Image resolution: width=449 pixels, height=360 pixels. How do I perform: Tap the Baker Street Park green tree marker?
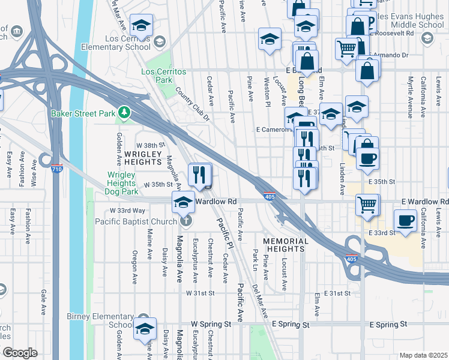tap(124, 112)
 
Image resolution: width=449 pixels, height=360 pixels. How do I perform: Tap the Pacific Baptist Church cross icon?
tap(185, 221)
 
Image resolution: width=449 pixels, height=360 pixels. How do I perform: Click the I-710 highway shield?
tap(56, 169)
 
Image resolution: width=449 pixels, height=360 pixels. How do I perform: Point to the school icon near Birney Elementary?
tap(144, 328)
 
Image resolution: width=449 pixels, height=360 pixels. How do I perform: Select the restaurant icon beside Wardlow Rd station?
tap(199, 175)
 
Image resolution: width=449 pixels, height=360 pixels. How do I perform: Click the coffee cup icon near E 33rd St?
tap(405, 220)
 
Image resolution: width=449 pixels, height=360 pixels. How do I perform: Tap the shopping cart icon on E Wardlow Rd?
tap(367, 205)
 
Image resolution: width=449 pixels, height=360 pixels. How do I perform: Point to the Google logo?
tap(20, 353)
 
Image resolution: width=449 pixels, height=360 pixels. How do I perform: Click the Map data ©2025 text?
tap(423, 355)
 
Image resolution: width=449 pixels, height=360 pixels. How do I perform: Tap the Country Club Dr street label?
tap(192, 104)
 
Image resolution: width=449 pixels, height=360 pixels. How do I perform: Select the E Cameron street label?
tap(273, 129)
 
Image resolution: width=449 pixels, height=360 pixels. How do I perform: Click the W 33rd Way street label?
tap(127, 211)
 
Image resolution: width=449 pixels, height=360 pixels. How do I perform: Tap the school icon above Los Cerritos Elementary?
tap(141, 25)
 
